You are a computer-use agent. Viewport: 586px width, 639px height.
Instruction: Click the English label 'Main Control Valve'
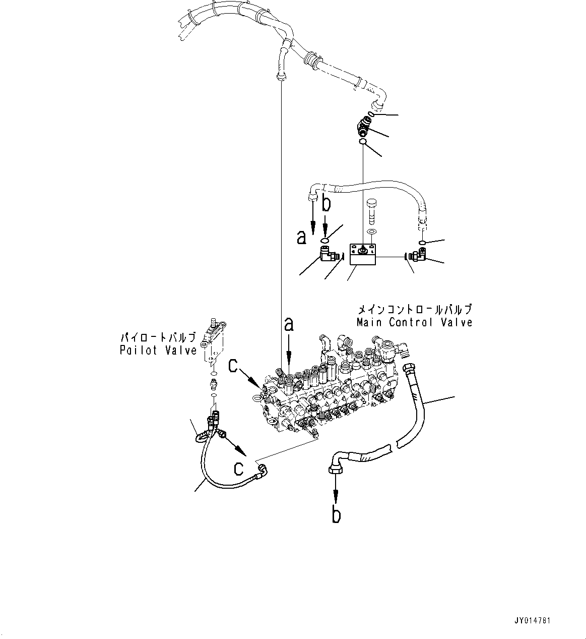point(414,322)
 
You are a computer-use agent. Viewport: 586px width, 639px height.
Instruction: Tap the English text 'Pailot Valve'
point(158,350)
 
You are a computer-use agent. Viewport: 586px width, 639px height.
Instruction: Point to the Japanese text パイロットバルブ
point(157,337)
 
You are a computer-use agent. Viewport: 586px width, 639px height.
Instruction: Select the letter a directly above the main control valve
point(289,324)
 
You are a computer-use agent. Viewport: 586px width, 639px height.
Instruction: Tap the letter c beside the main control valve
point(233,365)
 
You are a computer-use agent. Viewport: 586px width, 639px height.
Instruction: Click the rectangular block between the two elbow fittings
point(363,254)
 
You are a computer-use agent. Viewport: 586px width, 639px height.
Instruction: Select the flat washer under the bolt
point(372,232)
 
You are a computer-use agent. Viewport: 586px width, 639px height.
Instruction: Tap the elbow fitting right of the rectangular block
point(418,256)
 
